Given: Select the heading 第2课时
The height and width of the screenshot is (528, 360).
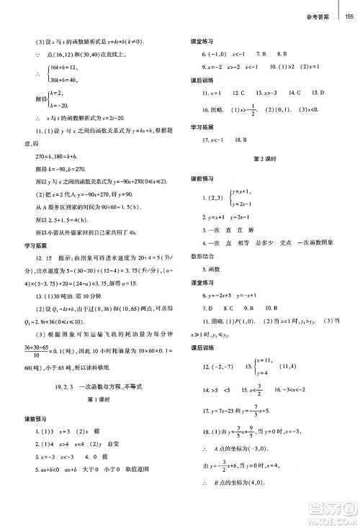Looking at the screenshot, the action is coord(266,156).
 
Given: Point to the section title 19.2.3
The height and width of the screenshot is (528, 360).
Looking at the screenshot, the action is coord(51,386).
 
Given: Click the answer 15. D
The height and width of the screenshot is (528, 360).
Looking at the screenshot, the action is coord(318,93).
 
